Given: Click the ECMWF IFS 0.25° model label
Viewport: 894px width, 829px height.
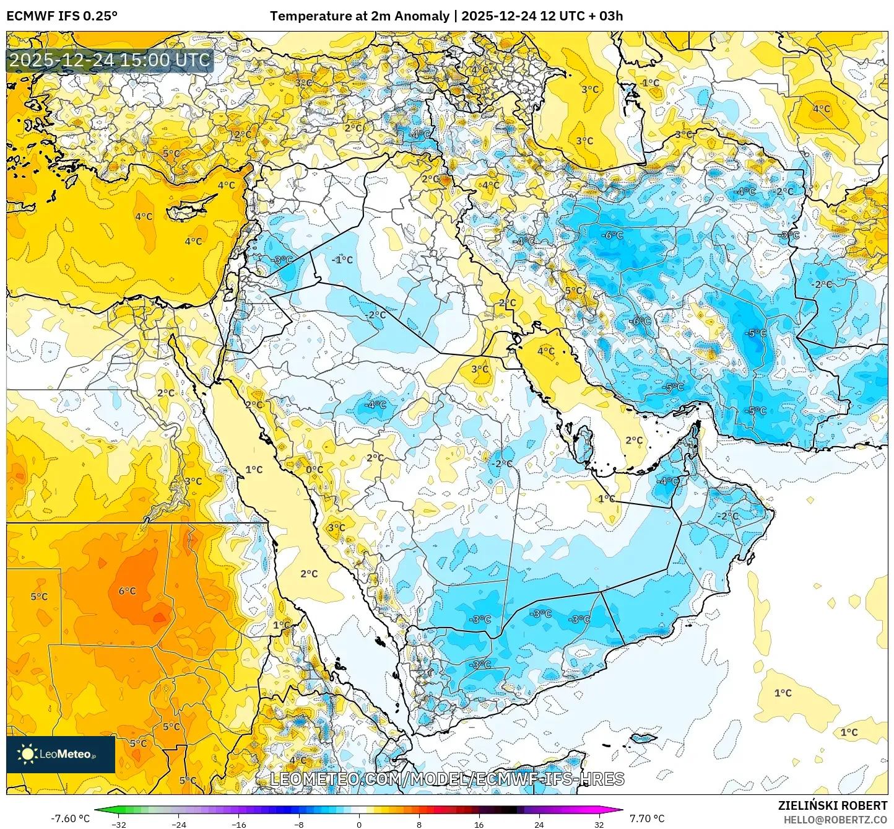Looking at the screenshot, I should coord(62,16).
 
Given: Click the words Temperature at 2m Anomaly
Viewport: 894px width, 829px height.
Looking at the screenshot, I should coord(359,16).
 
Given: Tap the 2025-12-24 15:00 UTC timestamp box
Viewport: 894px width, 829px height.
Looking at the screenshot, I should coord(110,61).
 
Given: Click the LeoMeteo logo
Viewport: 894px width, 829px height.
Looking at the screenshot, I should coord(60,754).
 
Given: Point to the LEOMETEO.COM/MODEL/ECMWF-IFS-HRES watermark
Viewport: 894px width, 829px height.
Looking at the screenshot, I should coord(447,779).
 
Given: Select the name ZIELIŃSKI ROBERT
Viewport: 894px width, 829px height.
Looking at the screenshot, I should coord(832,805).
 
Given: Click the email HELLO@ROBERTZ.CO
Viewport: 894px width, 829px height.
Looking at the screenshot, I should coord(835,820).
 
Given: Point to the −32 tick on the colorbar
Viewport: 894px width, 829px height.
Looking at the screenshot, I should coord(119,824).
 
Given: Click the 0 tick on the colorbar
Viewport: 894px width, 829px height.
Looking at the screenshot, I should coord(359,824).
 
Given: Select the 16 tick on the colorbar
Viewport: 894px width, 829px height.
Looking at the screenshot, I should coord(479,824).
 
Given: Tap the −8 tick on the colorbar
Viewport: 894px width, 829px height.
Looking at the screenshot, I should coord(299,824).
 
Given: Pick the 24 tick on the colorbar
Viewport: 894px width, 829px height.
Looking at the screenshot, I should coord(539,824).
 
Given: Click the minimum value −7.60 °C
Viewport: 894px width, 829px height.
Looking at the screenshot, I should coord(70,818).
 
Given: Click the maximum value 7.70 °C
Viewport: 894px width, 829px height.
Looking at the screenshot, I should coord(647,818).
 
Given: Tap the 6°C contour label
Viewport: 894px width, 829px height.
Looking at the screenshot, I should coord(127,591).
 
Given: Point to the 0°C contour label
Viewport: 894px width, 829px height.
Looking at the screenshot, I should coord(315,470).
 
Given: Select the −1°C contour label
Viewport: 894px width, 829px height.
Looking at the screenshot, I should coord(342,260).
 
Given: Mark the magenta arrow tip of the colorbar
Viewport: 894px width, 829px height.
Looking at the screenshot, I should coord(621,810).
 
